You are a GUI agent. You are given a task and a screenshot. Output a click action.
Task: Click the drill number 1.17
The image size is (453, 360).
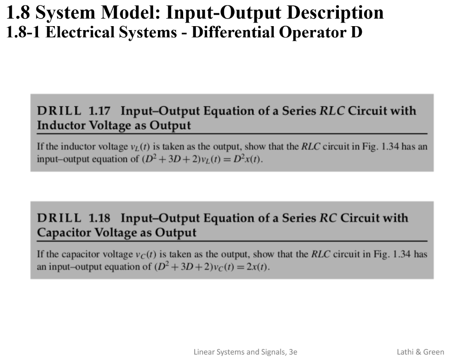point(99,111)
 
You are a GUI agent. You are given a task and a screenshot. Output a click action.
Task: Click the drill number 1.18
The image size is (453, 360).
point(99,218)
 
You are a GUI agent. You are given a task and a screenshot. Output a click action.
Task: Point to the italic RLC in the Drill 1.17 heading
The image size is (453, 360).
point(332,111)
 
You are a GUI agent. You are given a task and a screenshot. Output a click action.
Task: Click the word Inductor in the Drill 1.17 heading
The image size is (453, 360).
point(61,125)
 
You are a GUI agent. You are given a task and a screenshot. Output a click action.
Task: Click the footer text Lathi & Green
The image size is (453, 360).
point(420,352)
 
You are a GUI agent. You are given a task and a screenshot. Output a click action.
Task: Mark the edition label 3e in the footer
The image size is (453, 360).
point(292,352)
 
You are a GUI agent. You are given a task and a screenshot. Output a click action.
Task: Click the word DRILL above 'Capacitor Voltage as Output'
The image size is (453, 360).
point(59,218)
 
